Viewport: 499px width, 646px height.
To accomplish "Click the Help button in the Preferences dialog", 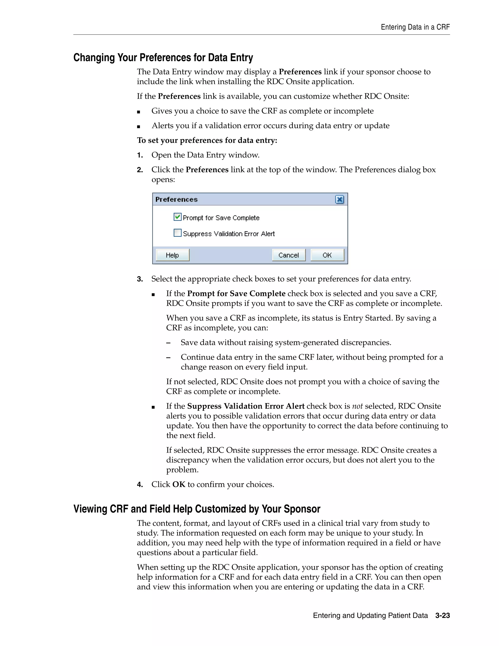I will click(x=172, y=255).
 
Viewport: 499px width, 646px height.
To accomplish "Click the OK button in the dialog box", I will click(x=327, y=255).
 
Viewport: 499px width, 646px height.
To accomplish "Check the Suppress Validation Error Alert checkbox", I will click(x=177, y=233).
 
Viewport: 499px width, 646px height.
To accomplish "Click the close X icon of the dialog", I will click(x=340, y=200).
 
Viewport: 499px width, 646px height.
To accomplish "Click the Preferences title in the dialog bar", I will click(x=176, y=200).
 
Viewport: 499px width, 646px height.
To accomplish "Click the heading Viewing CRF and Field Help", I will click(x=197, y=509).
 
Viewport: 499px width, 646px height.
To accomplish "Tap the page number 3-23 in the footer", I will click(x=442, y=616).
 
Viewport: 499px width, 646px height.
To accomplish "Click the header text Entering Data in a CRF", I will click(x=415, y=27).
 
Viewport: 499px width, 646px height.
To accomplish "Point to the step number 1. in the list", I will click(x=140, y=155).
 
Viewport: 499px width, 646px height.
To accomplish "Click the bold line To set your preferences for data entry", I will click(x=207, y=140).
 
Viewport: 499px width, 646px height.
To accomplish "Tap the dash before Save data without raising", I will click(x=169, y=343).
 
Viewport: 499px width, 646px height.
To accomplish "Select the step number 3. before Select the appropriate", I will click(x=140, y=279).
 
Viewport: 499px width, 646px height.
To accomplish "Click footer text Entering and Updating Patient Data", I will click(x=370, y=616).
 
